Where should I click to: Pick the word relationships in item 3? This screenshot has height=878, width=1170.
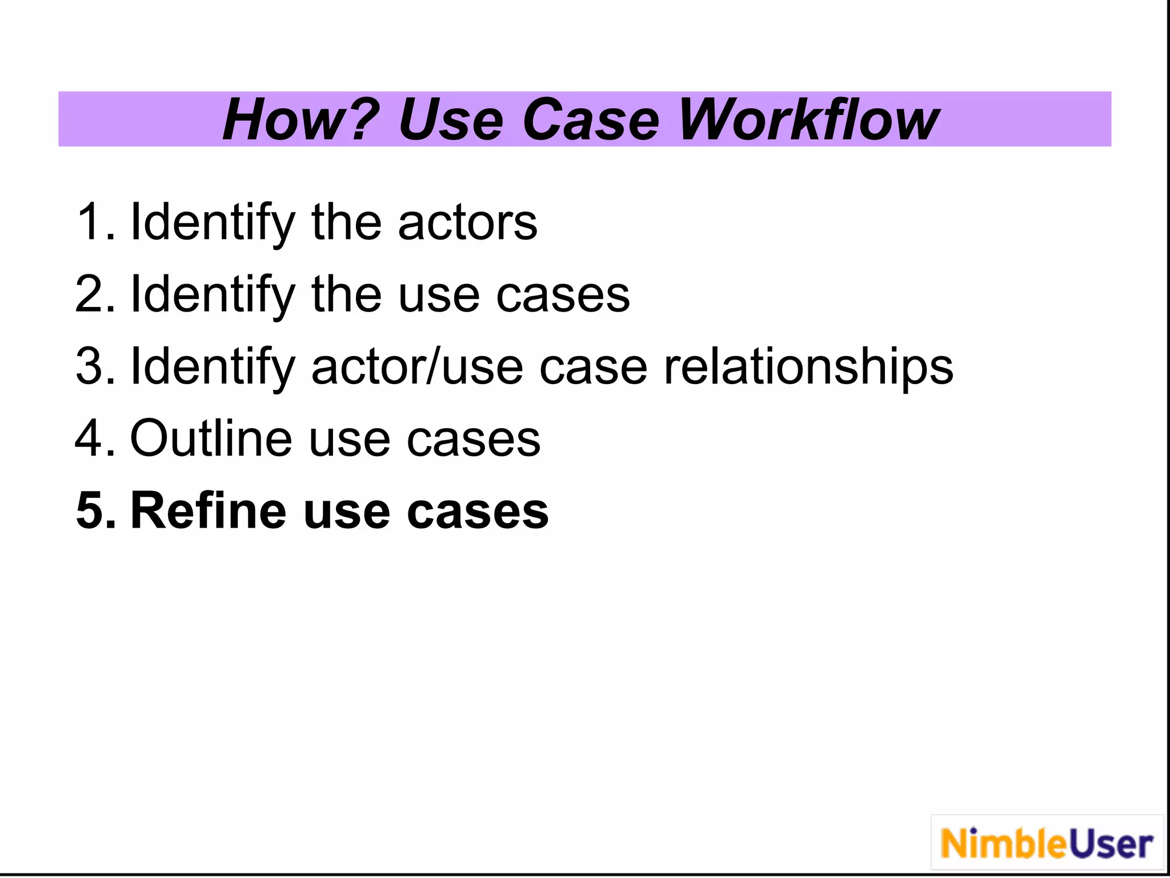(808, 368)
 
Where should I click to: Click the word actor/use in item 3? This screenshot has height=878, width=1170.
(417, 366)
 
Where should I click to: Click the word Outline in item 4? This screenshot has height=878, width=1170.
(211, 438)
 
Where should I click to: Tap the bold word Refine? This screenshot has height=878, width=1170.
(208, 510)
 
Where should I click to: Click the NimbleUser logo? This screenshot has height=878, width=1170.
(1047, 844)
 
